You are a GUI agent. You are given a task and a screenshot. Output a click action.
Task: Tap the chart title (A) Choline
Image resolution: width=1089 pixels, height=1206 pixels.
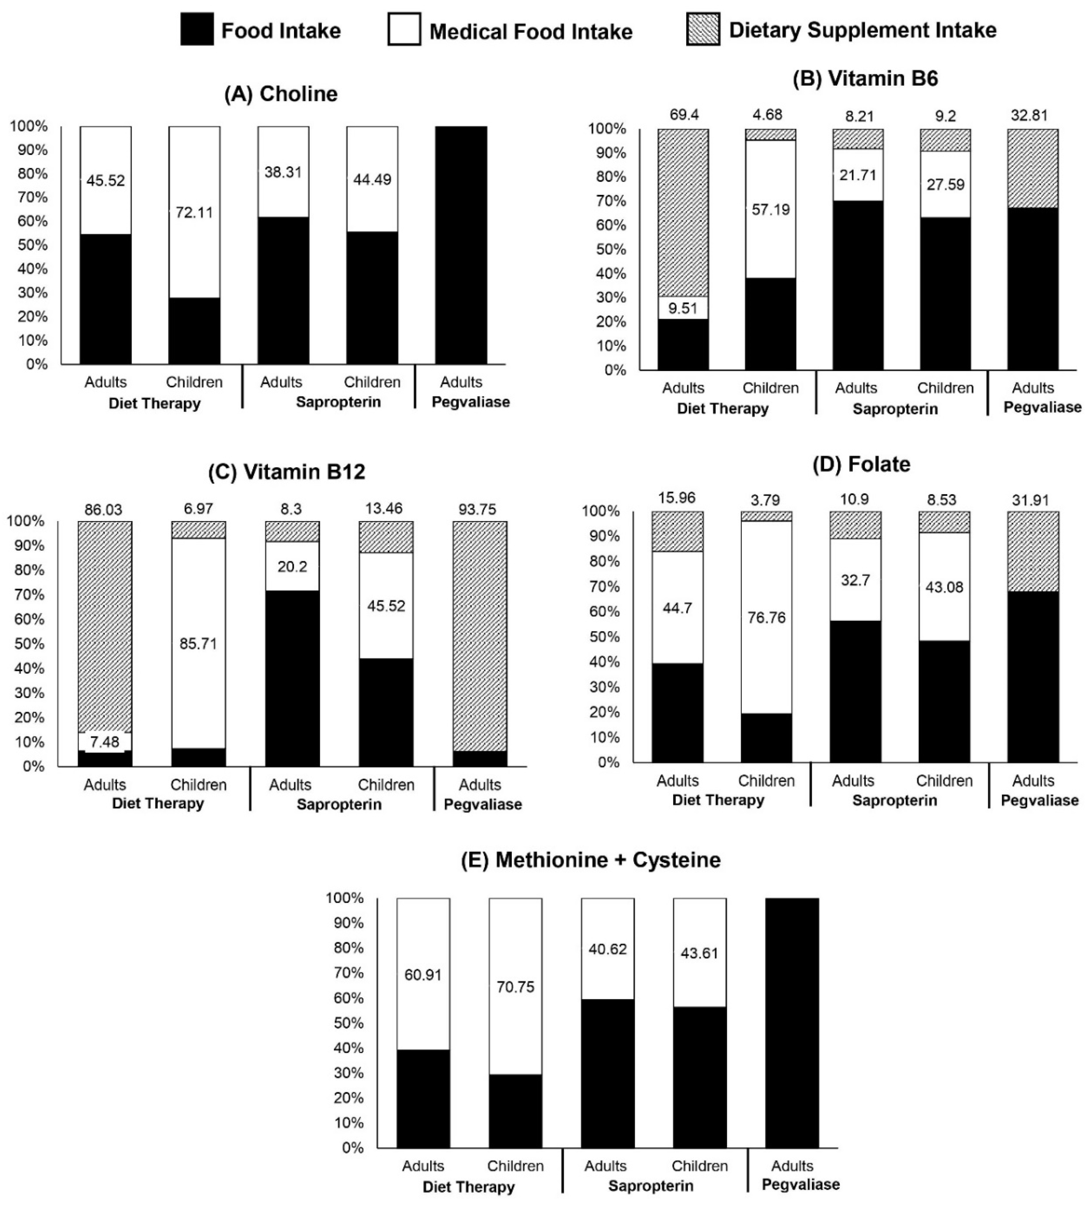281,94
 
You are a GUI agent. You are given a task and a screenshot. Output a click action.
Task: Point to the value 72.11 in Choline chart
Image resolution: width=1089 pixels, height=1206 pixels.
194,212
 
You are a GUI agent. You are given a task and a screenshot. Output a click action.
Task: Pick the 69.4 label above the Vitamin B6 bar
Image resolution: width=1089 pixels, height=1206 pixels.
684,115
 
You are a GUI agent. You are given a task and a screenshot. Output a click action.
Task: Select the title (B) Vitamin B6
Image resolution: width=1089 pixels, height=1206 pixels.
865,78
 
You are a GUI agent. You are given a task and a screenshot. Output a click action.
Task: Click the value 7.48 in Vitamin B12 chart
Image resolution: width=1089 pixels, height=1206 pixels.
105,742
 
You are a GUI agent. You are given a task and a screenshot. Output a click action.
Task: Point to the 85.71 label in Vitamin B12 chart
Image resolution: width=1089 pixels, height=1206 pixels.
198,644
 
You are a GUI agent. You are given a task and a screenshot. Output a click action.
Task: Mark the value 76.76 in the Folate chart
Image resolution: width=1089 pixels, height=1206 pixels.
766,617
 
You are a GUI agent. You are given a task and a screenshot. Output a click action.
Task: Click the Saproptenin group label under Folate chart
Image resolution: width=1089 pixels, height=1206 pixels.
895,800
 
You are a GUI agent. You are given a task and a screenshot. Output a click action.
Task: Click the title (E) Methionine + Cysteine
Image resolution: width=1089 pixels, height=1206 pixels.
591,860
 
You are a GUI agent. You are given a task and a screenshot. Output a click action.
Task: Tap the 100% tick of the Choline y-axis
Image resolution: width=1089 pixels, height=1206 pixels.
28,126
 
